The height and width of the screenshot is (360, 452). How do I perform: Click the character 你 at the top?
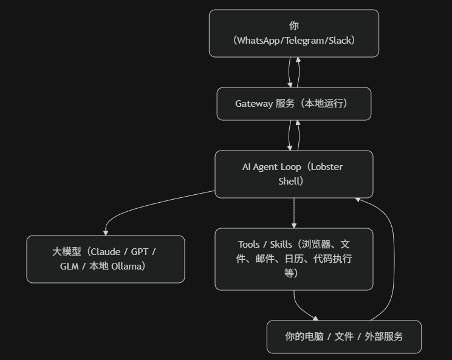coord(294,25)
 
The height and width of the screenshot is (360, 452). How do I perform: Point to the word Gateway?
coord(253,104)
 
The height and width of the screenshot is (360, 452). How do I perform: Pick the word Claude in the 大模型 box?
coord(105,252)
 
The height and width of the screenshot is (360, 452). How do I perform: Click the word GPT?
coord(140,252)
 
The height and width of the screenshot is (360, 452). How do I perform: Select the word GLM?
coord(70,266)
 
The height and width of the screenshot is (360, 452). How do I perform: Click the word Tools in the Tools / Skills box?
coord(248,245)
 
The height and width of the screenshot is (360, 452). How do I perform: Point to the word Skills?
coord(281,245)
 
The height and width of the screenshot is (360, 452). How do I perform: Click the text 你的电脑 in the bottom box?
coord(304,336)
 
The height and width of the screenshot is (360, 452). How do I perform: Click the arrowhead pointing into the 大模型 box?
coord(106,232)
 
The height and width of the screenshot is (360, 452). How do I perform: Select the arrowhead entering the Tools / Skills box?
coord(294,225)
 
